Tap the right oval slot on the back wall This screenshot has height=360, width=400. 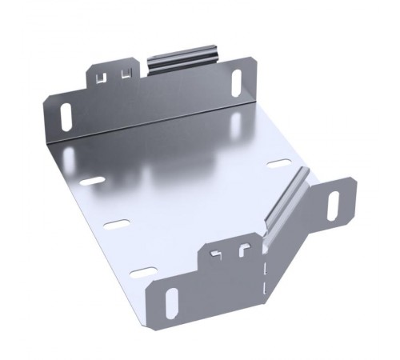click(x=238, y=83)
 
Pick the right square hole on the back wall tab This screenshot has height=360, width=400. click(x=124, y=74)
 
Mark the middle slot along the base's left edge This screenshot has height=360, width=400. click(x=118, y=223)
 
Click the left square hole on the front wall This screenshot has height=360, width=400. click(x=215, y=255)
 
